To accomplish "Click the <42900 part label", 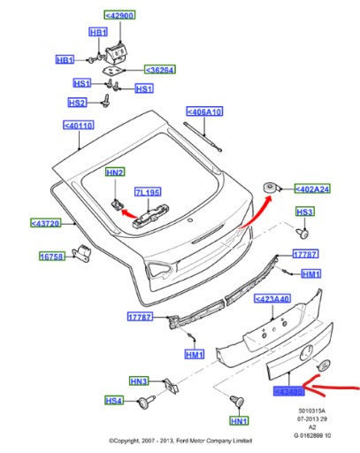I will [x=119, y=16].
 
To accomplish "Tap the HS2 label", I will [x=77, y=103].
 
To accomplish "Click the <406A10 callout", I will [x=203, y=112].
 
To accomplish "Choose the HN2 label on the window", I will [x=116, y=172].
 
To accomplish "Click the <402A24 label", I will [x=310, y=189].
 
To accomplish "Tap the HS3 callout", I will [x=304, y=212].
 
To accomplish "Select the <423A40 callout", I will [x=273, y=299].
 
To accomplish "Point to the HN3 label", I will [x=138, y=381].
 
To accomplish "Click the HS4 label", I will [x=114, y=401].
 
